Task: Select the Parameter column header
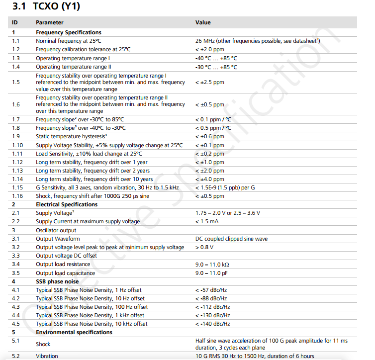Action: coord(49,22)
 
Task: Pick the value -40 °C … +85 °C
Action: coord(216,58)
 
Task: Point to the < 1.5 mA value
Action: coord(208,221)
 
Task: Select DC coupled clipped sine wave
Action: coord(231,239)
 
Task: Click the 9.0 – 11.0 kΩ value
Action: coord(212,264)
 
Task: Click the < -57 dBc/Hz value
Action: coord(212,289)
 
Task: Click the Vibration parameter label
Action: coord(47,356)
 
